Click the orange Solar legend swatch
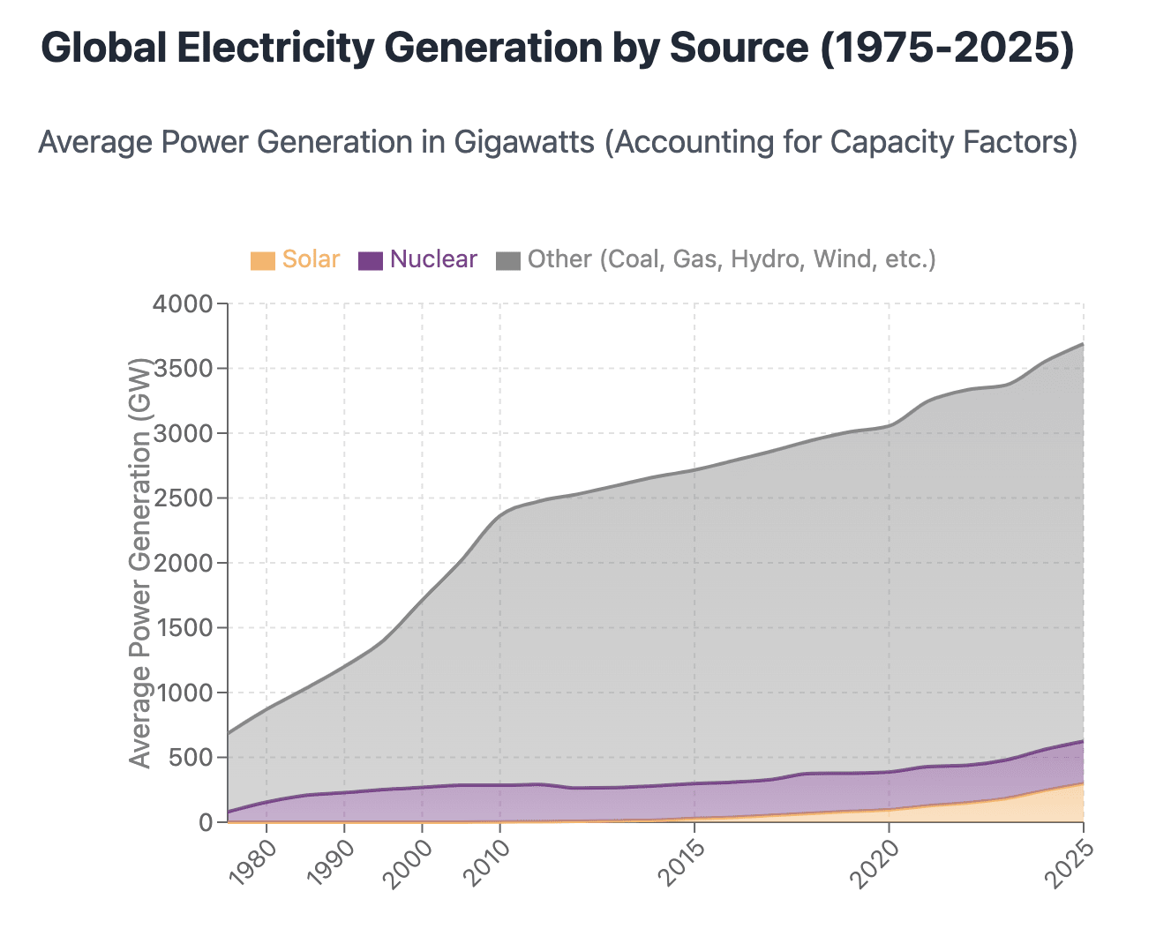[x=262, y=260]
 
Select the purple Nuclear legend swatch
[x=371, y=260]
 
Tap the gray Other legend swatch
[x=508, y=260]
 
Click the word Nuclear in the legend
[x=433, y=259]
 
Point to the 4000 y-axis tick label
[x=183, y=304]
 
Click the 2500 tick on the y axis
[x=183, y=498]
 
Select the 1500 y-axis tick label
[x=183, y=628]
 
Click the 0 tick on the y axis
[x=206, y=823]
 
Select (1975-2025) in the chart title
[x=946, y=49]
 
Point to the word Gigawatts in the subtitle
[x=525, y=143]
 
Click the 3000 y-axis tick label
[x=183, y=434]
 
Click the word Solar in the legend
[x=311, y=259]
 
